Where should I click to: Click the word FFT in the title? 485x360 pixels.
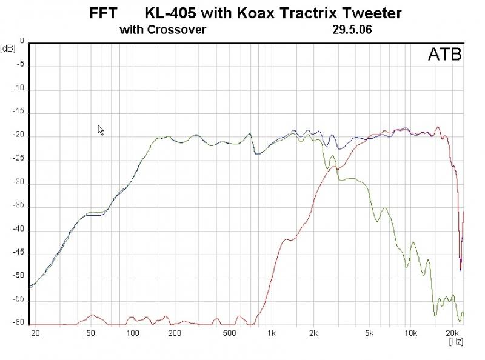pos(104,13)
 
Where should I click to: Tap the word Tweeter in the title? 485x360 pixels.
pos(375,13)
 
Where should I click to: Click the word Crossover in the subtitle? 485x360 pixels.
pos(176,29)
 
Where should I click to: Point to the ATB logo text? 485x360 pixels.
pos(444,55)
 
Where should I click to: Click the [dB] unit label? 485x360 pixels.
pos(8,48)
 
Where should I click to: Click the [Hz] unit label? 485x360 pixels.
pos(456,342)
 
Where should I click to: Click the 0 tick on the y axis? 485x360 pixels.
pos(22,41)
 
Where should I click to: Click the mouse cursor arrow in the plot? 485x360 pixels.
pos(101,130)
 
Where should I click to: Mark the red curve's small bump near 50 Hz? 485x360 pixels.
pos(92,315)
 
